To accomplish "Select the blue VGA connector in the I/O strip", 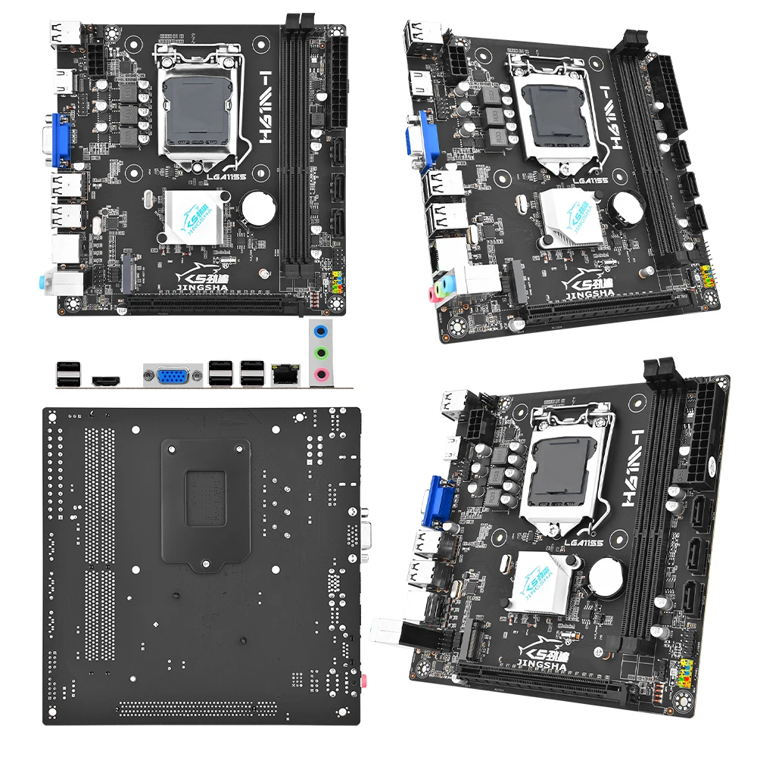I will (x=173, y=375).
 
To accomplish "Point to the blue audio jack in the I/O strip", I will (x=322, y=331).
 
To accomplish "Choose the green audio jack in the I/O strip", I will (x=322, y=352).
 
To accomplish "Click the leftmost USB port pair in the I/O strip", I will (x=67, y=374).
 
